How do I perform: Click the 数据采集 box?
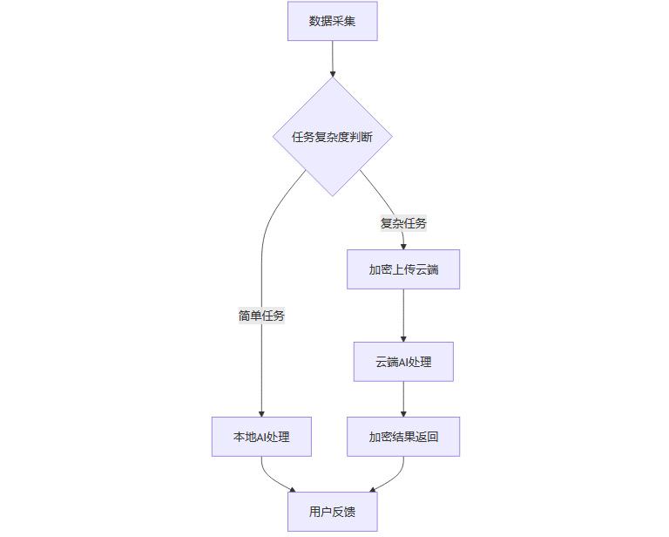(332, 21)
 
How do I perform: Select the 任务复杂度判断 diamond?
(332, 137)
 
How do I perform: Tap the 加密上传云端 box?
(402, 269)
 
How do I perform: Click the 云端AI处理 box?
(402, 362)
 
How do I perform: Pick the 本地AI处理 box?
(261, 437)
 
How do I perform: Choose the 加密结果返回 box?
(402, 437)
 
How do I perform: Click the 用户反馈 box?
(332, 512)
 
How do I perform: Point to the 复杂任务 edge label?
(403, 223)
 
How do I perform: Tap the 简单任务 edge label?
(261, 316)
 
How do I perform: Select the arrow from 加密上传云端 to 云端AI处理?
(402, 315)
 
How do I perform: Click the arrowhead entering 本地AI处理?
(261, 413)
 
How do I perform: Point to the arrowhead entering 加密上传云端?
(402, 247)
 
